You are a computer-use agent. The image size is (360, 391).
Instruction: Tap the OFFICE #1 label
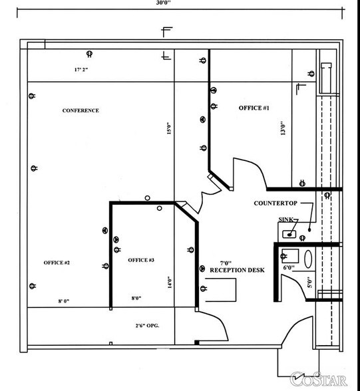pos(254,107)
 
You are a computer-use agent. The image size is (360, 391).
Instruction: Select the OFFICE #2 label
pos(57,263)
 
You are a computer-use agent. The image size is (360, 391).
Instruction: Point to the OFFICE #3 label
pos(141,259)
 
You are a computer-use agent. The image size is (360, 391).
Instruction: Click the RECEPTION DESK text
pos(237,271)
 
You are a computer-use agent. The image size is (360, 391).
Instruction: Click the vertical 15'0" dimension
pos(169,127)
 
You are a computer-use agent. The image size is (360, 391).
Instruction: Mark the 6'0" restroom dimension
pos(288,268)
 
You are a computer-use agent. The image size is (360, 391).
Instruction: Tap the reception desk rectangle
pos(222,291)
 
